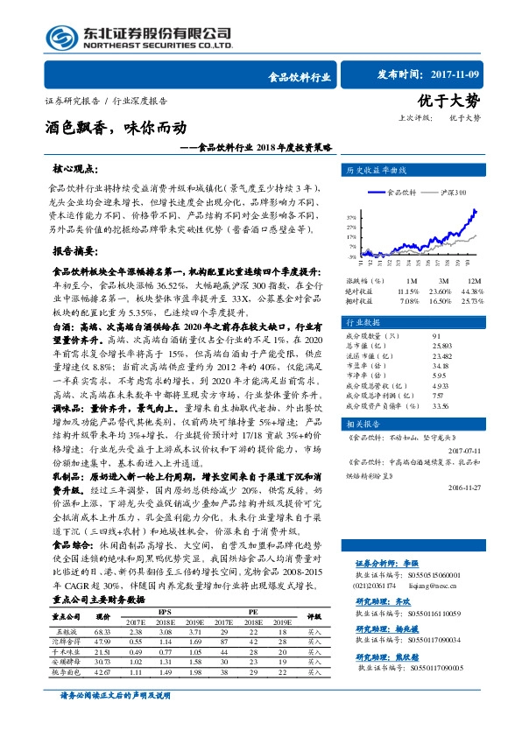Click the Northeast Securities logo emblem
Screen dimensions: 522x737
(x=62, y=37)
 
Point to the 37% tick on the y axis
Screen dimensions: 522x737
(x=350, y=215)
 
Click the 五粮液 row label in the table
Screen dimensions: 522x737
(x=67, y=631)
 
